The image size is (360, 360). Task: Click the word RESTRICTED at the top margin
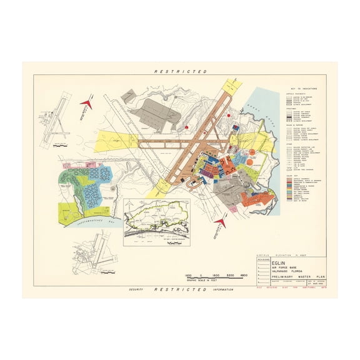click(x=180, y=72)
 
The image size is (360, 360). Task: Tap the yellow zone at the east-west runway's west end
click(x=115, y=143)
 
